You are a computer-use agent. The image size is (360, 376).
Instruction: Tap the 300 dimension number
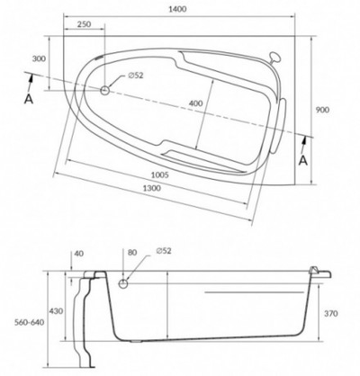coord(38,58)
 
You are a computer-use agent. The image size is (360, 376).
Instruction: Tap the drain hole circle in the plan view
coord(107,90)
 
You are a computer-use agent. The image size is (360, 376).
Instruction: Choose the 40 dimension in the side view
coord(78,254)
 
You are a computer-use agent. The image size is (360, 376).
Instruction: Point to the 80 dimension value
coord(135,254)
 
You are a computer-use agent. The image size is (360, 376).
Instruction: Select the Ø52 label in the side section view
coord(166,254)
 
